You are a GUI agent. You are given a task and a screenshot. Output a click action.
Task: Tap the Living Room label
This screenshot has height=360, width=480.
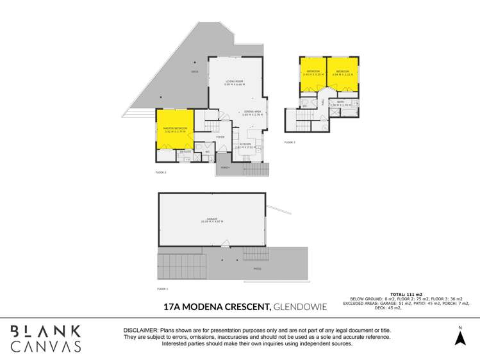235,81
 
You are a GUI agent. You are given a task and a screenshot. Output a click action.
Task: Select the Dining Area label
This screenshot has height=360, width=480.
252,112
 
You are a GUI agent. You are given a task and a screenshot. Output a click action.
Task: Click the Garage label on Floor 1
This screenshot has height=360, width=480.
211,219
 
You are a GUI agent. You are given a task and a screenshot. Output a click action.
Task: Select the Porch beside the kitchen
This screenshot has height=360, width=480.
225,168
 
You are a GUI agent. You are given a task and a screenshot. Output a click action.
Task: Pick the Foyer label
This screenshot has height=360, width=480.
220,137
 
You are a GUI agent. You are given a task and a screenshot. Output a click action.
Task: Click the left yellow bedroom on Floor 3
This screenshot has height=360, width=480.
313,74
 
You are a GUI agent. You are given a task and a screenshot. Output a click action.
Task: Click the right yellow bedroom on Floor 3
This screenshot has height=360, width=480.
342,74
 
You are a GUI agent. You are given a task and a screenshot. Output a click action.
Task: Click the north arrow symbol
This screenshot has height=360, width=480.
459,336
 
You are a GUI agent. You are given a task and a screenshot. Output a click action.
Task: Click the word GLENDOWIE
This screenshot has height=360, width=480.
300,307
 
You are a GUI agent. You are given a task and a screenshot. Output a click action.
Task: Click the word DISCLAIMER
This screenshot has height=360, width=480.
142,330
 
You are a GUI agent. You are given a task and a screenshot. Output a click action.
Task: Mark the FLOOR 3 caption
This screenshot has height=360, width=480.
290,142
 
